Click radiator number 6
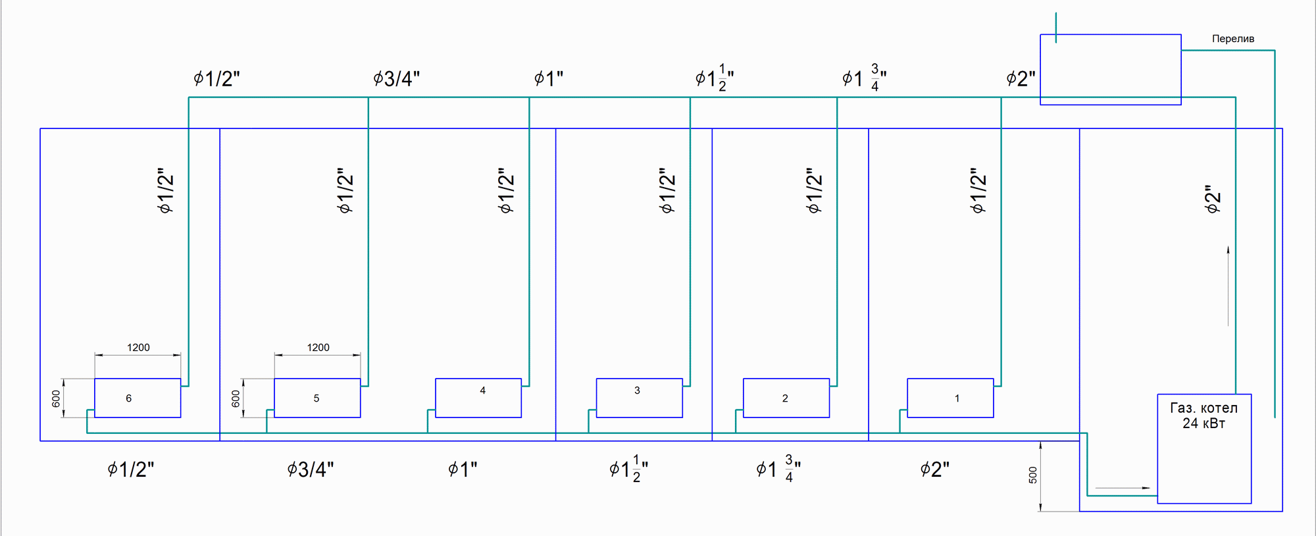point(138,398)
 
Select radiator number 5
point(317,398)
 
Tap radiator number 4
point(478,398)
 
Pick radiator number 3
point(639,398)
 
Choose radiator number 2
point(786,398)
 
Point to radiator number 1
point(950,398)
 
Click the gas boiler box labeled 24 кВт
point(1204,449)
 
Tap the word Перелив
point(1233,39)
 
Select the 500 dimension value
point(1033,475)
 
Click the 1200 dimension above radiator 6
point(138,348)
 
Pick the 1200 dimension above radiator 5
point(318,348)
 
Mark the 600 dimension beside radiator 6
point(56,398)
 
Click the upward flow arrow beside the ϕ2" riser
point(1228,286)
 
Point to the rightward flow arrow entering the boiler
point(1123,488)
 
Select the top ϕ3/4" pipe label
point(396,79)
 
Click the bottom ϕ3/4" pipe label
point(310,469)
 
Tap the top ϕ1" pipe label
point(548,79)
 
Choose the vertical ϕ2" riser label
point(1212,199)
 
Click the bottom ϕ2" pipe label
point(934,469)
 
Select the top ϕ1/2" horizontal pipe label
point(216,79)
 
